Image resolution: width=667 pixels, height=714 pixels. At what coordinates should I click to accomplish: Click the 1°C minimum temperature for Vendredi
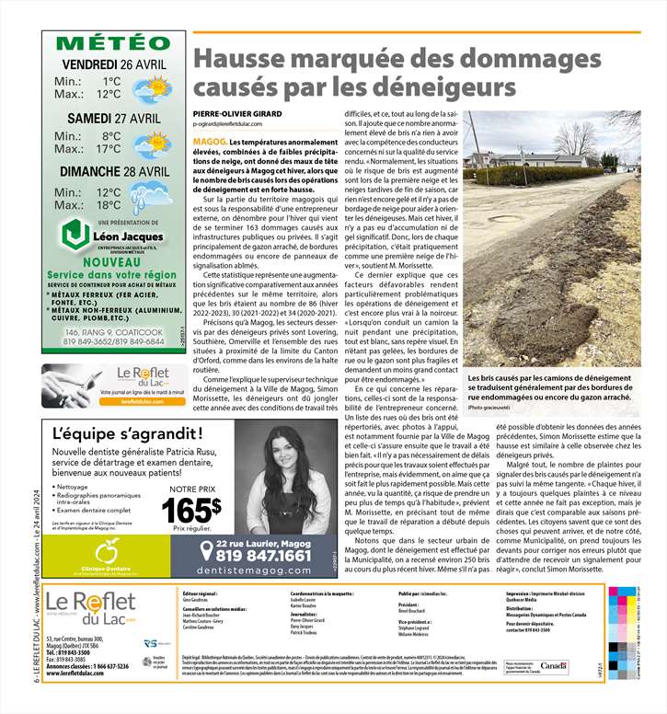point(110,81)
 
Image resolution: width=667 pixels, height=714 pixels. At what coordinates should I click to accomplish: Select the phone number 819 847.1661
point(263,557)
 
